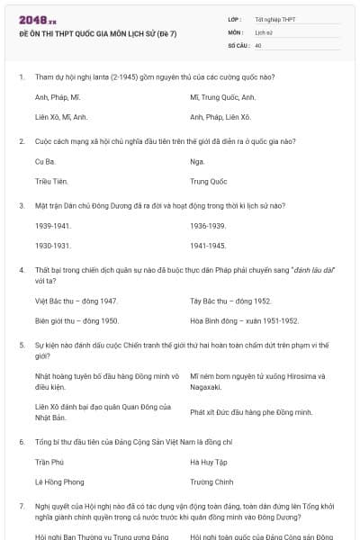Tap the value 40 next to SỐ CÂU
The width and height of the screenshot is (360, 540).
click(x=258, y=44)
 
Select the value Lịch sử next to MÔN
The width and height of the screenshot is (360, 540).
click(x=263, y=31)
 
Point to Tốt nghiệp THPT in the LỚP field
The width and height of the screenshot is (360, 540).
click(x=274, y=19)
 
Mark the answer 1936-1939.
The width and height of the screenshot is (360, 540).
click(x=208, y=225)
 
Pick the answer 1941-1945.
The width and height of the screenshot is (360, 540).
click(x=208, y=245)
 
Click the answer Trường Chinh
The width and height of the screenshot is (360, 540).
click(x=211, y=481)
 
